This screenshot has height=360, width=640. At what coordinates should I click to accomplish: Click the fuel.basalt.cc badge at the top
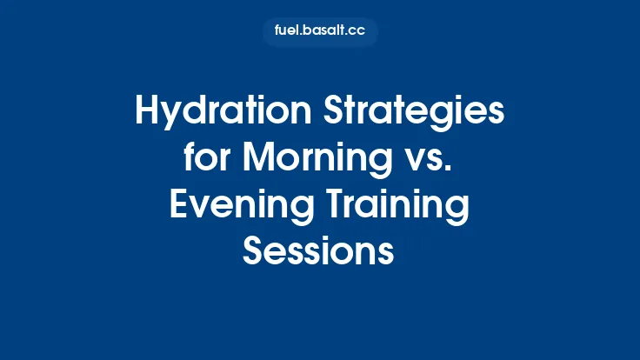tap(320, 32)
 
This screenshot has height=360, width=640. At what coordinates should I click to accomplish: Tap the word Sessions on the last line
tap(319, 251)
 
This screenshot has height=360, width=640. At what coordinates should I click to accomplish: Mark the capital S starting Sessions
tap(253, 251)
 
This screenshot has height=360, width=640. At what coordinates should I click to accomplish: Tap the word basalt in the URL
tap(323, 32)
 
